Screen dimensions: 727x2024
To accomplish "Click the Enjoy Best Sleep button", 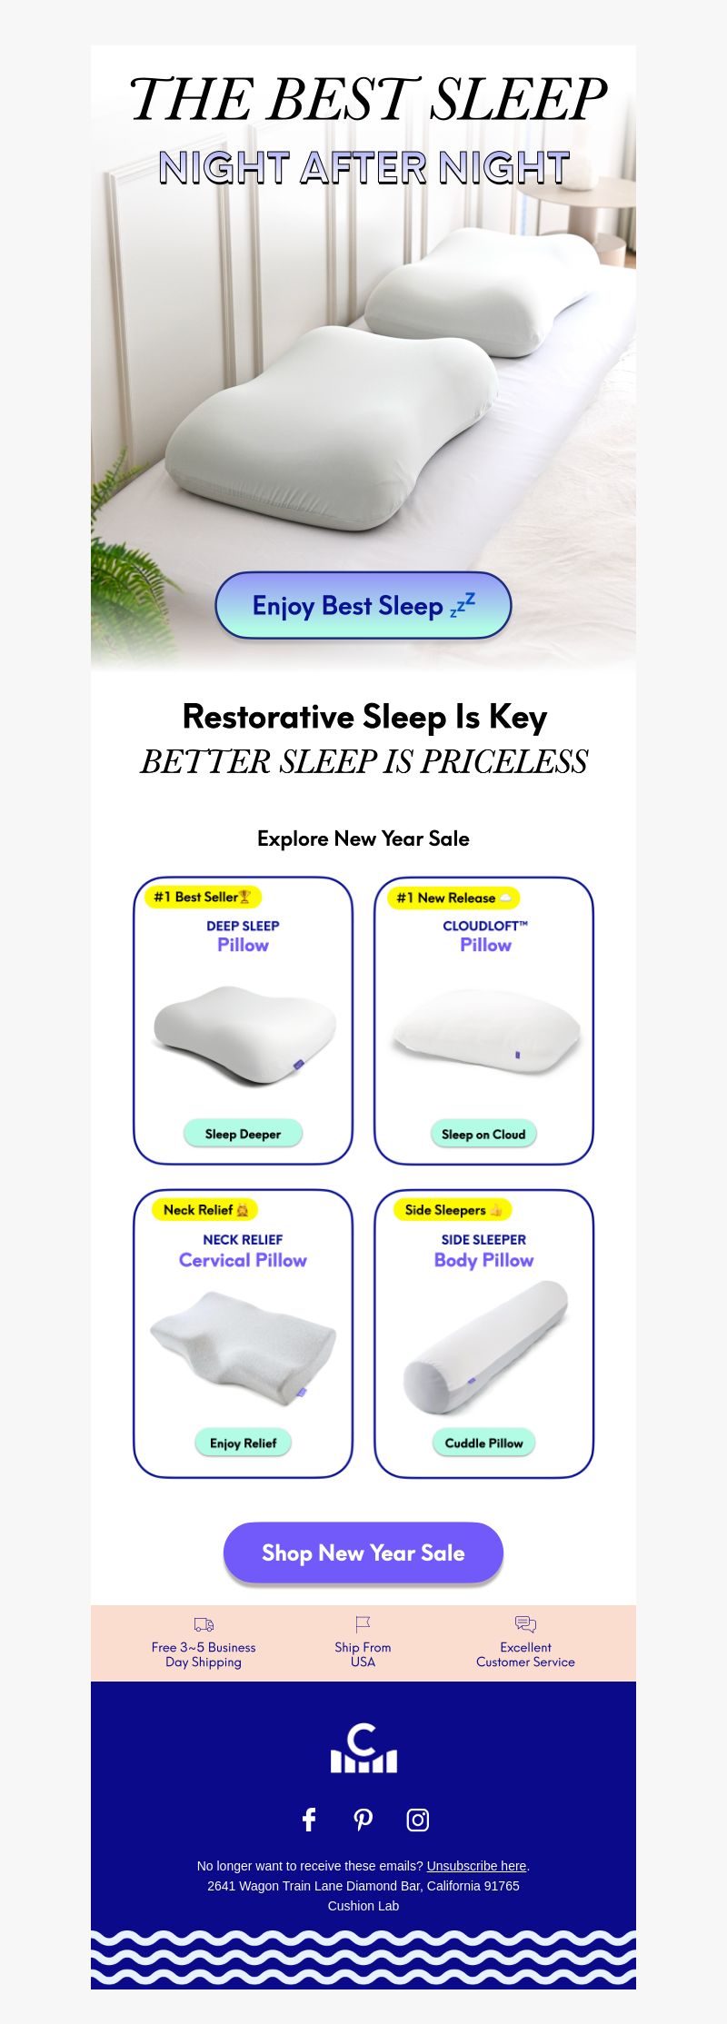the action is tap(363, 605).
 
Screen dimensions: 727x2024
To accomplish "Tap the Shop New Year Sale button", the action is tap(363, 1553).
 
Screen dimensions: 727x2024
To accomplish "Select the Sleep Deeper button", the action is tap(243, 1134).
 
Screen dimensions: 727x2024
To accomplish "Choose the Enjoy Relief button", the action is tap(243, 1443).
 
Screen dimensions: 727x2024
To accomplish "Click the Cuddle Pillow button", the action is tap(483, 1443).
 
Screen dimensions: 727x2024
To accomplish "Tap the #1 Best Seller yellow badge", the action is tap(203, 897).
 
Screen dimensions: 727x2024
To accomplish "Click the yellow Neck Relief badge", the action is tap(205, 1210).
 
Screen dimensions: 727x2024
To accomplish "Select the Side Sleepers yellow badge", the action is tap(453, 1210).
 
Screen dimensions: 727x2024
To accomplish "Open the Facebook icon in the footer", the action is tap(309, 1819).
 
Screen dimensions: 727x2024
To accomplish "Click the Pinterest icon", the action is tap(363, 1819).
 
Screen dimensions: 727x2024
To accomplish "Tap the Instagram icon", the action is tap(417, 1820).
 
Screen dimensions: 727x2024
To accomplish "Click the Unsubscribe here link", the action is tap(476, 1866).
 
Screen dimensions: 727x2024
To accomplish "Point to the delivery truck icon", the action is tap(204, 1624).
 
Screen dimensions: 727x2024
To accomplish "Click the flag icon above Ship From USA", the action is tap(363, 1623).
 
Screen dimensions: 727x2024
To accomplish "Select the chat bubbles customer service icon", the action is tap(525, 1623).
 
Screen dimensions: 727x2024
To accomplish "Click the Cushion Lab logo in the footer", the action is tap(363, 1748).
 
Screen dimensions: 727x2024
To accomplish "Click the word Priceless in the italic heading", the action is tap(503, 761).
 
